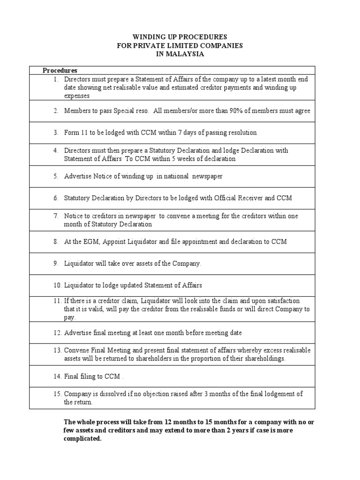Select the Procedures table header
click(x=60, y=71)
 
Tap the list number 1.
click(x=55, y=79)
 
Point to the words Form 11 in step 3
click(x=75, y=133)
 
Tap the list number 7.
click(x=55, y=216)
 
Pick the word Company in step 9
click(x=187, y=263)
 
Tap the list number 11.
click(x=56, y=300)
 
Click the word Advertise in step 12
click(x=78, y=333)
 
